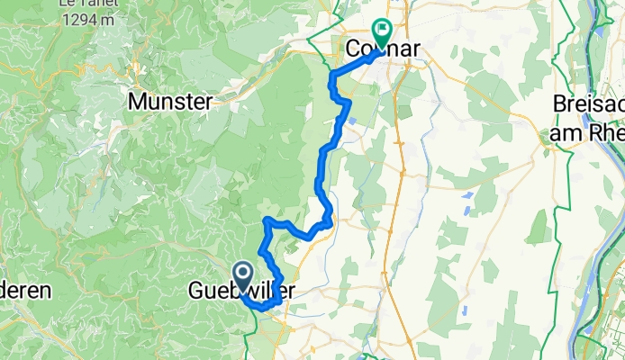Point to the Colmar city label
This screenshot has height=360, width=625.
[x=383, y=51]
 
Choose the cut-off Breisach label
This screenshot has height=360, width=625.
[x=589, y=103]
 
